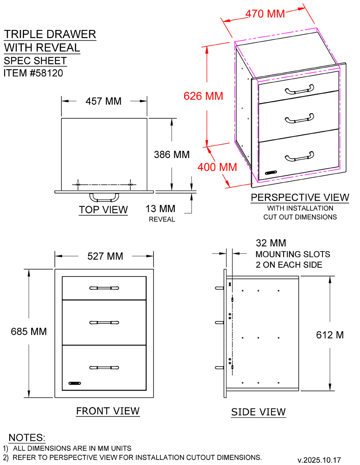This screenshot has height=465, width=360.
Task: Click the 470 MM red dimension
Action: coord(265,14)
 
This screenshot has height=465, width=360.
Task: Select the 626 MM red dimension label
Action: coord(203,96)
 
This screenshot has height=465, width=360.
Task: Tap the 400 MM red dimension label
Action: coord(217,167)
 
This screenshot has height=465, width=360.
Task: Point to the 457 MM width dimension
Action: coord(103,101)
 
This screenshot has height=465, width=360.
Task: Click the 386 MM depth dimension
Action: coord(172,155)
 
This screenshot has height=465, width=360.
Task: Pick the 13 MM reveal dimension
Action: coord(160,209)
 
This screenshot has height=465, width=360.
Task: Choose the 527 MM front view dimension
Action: coord(105,256)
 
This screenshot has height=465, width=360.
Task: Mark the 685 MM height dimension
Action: coord(29,331)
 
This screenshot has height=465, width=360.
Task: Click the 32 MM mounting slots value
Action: coord(271,243)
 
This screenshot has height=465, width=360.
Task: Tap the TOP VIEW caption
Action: coord(103,209)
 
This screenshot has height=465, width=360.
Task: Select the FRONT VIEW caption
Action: coord(108,411)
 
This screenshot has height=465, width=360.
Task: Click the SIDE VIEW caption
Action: coord(258,412)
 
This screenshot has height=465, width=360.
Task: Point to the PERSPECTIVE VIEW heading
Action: coord(300,198)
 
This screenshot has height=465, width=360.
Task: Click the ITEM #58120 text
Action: coord(33,73)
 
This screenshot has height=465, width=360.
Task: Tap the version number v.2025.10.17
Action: coord(319,460)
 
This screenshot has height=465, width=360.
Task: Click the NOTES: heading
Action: coord(27,438)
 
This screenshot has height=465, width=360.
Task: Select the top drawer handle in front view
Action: coord(104,288)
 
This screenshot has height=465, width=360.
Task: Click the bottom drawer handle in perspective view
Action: coord(299,157)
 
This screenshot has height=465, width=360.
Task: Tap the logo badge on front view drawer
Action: coord(75,383)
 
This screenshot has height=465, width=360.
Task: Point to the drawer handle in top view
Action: coord(104,198)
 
